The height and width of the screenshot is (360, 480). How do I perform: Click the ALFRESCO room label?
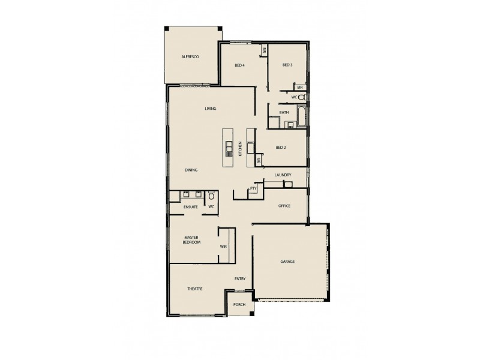[190, 56]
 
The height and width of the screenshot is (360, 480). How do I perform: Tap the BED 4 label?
[239, 65]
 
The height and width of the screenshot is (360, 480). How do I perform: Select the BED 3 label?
[287, 65]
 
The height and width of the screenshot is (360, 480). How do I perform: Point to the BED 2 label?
[280, 148]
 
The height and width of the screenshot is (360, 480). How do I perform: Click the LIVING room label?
[210, 109]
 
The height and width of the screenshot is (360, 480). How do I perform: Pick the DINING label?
[191, 170]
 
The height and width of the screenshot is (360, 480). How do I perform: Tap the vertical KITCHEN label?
[240, 149]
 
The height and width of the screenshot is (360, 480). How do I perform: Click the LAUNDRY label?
[283, 175]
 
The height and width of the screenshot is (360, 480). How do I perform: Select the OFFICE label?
[284, 206]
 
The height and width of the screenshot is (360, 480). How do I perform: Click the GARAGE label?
[287, 262]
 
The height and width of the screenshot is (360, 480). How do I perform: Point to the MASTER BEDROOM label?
[192, 239]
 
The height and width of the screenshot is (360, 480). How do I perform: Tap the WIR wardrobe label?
[223, 246]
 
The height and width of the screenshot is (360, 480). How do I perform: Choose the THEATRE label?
[194, 289]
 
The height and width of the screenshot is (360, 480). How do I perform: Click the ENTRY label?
[240, 279]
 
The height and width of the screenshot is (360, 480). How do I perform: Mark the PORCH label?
[239, 304]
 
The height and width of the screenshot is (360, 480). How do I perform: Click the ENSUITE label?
[191, 207]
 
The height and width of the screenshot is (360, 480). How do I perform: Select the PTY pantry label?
[253, 189]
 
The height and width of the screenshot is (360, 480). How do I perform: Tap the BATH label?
[284, 112]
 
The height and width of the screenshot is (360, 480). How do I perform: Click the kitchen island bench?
[229, 148]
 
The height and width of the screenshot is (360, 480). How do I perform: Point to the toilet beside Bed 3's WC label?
[302, 97]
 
